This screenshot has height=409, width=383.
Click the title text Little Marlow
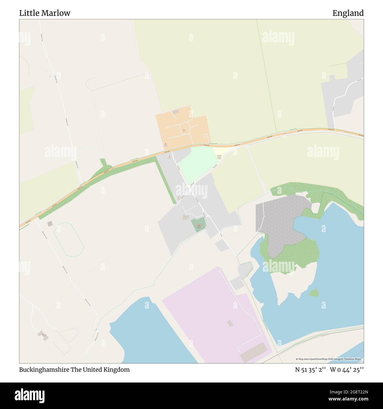click(45, 13)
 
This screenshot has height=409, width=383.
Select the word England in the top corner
click(348, 13)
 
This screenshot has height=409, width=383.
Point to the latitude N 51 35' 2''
click(310, 370)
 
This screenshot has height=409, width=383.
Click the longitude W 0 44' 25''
click(347, 370)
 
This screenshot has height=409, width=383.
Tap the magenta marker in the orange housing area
click(166, 144)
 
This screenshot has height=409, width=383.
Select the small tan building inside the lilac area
click(230, 323)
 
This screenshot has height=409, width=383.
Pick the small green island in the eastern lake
click(314, 293)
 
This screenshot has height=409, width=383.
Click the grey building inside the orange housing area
click(176, 112)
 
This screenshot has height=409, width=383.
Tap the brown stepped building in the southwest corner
click(43, 335)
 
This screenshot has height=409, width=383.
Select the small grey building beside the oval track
click(50, 224)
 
